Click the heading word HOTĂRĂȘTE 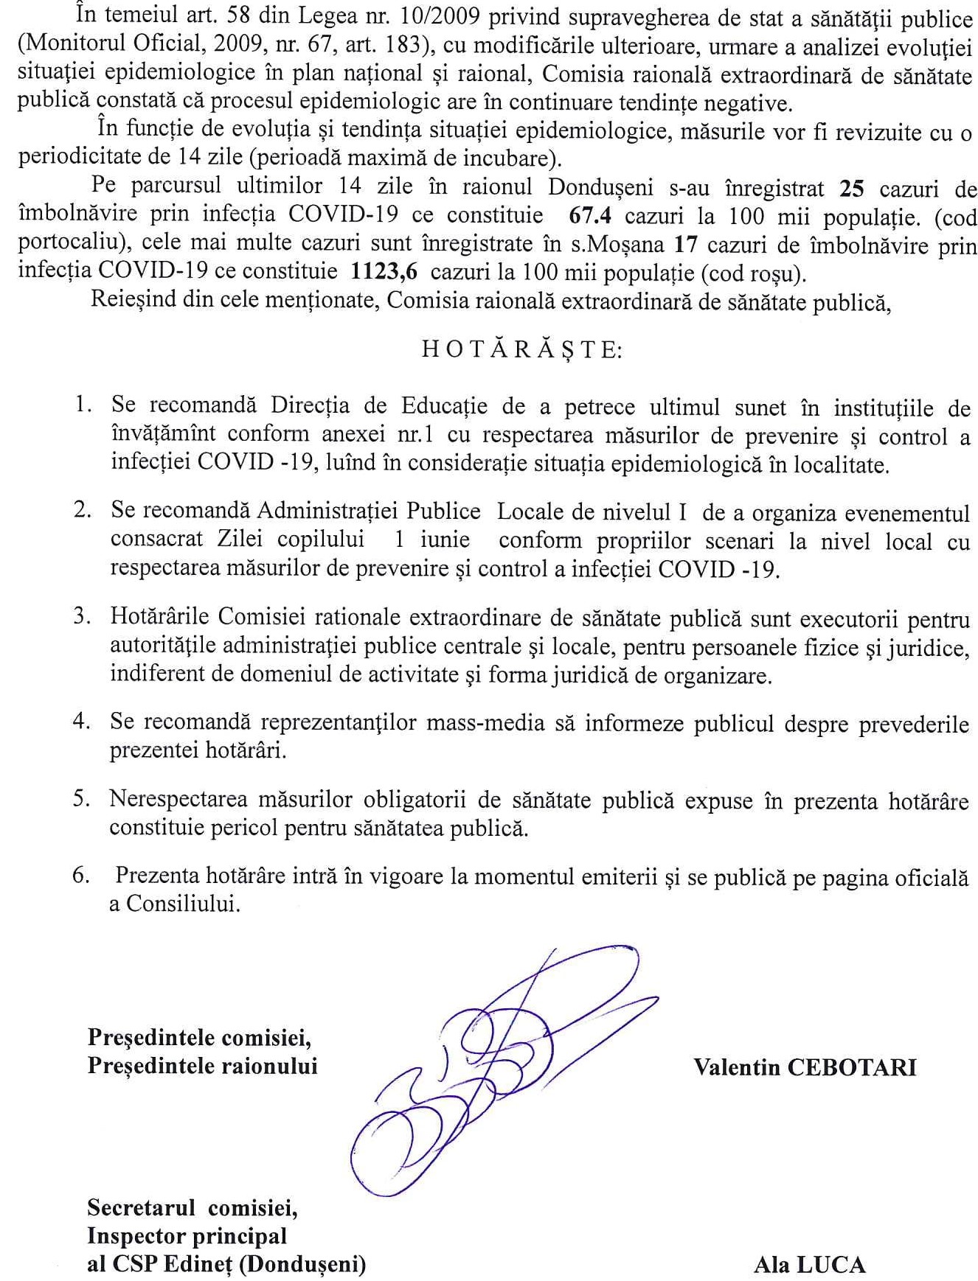[521, 349]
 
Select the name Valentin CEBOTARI [805, 1067]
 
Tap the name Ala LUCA [809, 1265]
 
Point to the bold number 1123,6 [384, 273]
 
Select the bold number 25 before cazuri [852, 189]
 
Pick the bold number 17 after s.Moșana [686, 245]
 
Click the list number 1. [83, 405]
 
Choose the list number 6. [82, 876]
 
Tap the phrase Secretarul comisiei [193, 1208]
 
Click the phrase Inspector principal [187, 1236]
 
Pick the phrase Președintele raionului [202, 1066]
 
